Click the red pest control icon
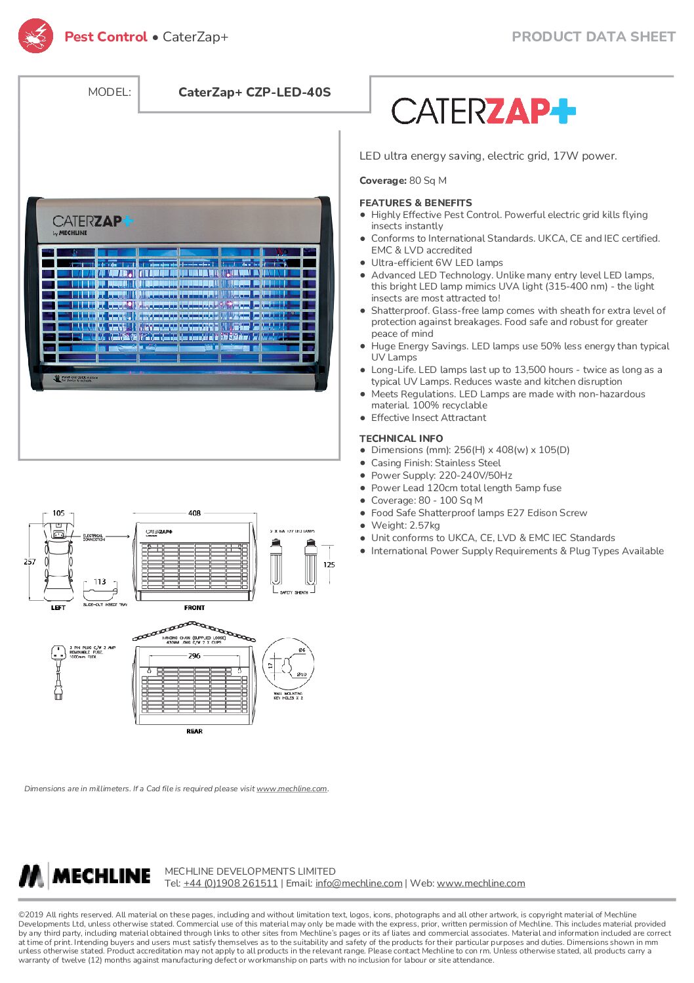tap(35, 36)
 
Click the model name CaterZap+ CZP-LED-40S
tap(255, 93)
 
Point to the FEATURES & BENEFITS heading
tap(415, 203)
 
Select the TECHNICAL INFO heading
tap(401, 438)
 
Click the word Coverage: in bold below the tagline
tap(383, 181)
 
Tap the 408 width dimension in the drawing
tap(194, 513)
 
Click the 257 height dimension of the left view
tap(30, 561)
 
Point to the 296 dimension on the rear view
tap(194, 655)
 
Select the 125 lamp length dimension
tap(329, 564)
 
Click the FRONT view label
tap(194, 607)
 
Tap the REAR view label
tap(194, 731)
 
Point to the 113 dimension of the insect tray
tap(100, 582)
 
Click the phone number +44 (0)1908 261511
tap(230, 883)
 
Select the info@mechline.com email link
tap(359, 883)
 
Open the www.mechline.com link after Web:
tap(481, 883)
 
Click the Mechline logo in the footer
tap(85, 876)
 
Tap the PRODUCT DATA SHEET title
tap(593, 37)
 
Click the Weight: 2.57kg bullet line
tap(405, 525)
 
